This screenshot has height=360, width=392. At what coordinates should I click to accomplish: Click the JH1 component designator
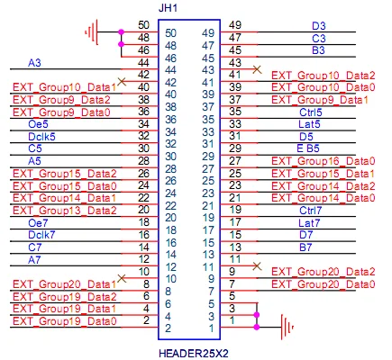coord(168,8)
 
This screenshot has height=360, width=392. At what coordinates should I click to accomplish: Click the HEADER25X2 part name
coord(193,353)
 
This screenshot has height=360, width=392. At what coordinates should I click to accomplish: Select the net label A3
coord(34,63)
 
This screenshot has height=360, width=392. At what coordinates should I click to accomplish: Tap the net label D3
coord(319,26)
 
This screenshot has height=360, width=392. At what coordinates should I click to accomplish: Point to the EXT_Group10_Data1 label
coord(64,87)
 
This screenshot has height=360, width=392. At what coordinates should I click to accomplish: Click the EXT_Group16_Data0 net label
coord(324,161)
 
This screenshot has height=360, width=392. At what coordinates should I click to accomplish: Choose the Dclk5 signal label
coord(41,137)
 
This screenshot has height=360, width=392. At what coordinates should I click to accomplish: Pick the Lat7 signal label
coord(309,223)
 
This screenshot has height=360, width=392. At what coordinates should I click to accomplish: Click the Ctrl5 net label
coord(311,112)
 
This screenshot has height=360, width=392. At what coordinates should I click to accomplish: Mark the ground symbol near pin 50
coord(92,31)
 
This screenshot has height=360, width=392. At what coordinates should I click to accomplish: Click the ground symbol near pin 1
coord(287,327)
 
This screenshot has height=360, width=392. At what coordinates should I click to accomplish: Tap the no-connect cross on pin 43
coord(257,69)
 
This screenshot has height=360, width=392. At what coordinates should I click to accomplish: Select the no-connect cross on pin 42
coord(122,81)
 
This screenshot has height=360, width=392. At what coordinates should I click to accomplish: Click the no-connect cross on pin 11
coord(257,265)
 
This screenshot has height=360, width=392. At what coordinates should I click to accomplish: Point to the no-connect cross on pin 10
coord(122,278)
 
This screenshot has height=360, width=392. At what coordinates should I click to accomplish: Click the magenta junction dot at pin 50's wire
coord(121,31)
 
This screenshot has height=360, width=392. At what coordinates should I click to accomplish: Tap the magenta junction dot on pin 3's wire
coord(257,315)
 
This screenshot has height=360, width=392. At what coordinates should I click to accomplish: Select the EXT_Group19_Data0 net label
coord(64,321)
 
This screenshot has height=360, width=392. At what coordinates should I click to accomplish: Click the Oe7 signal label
coord(38,223)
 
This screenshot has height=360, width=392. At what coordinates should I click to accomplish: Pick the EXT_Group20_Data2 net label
coord(324,272)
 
